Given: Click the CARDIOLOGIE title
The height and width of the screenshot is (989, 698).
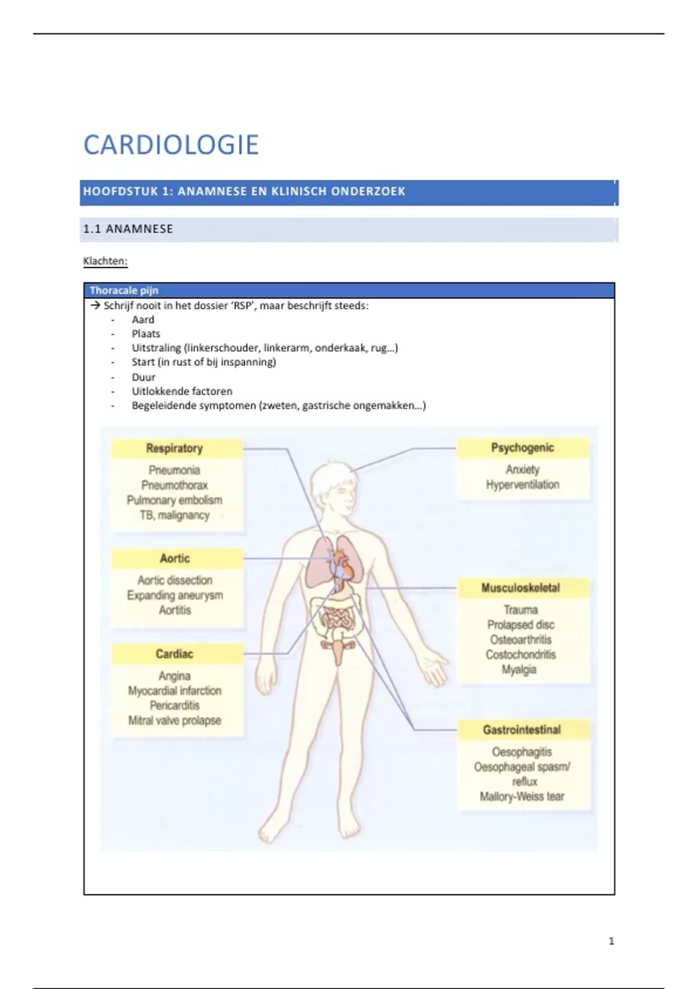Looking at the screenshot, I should coord(171,145).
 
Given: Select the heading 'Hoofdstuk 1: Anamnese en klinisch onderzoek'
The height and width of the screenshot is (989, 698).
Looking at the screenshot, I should coord(244,191).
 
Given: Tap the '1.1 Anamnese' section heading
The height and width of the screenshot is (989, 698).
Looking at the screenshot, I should coord(128,229).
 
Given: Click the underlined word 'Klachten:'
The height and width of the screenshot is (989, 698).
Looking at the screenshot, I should coord(105,261).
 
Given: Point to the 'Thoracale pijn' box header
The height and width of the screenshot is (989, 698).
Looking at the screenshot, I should coord(124,290).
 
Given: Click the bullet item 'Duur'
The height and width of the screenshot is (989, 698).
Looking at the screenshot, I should coord(143,377).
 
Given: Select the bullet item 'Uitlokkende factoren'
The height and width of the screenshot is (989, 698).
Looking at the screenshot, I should coord(181,392).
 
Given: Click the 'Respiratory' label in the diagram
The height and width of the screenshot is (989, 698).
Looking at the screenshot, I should coord(174,449).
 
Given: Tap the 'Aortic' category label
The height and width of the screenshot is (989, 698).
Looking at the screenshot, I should coord(175,558).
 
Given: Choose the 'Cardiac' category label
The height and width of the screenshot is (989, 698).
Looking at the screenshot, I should coord(174,654).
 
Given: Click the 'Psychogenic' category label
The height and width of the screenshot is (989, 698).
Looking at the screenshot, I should coord(522,448).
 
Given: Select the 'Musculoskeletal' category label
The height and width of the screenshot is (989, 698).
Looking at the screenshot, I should coord(521,588).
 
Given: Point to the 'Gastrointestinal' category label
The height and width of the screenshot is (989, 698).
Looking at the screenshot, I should coord(522,730).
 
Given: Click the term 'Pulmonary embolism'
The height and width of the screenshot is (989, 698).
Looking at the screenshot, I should coord(174,500).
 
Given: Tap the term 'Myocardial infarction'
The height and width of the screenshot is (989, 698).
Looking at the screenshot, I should coord(174,691).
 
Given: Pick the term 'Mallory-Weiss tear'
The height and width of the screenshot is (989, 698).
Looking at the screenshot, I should coord(522,797).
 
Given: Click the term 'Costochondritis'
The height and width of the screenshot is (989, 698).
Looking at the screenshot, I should coord(521,655).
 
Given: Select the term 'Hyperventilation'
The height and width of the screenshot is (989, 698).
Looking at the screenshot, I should coord(522,485).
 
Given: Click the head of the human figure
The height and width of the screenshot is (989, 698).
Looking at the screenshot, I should coord(334,489).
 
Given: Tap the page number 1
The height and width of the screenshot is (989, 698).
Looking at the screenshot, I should coord(611,941).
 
